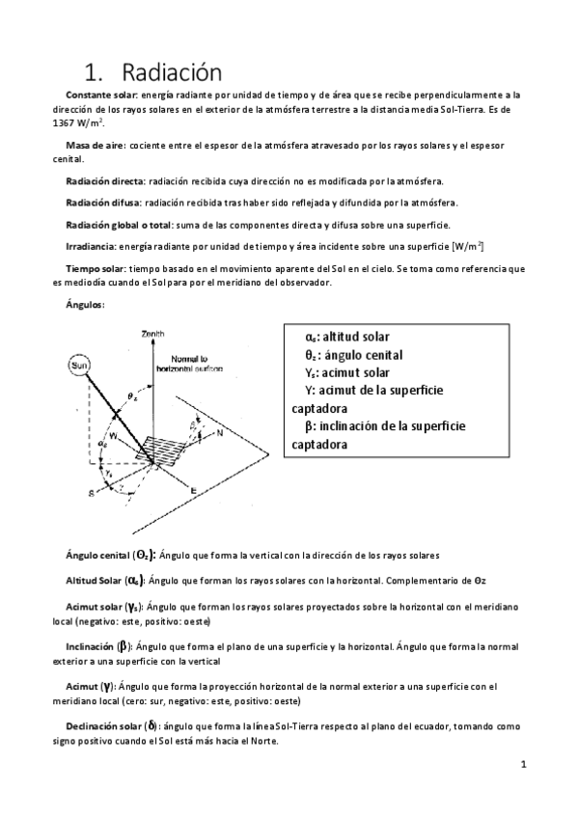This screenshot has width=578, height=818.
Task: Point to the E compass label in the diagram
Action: pos(194,491)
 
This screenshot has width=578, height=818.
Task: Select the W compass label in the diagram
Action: pos(112,434)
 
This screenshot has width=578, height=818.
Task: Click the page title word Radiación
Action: pos(172,72)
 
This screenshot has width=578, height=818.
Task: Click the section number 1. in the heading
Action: pos(95,72)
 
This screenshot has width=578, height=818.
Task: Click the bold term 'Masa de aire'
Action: pos(94,146)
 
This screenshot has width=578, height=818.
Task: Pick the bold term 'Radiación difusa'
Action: pos(103,203)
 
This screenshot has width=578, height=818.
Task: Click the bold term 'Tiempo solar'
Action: pos(96,267)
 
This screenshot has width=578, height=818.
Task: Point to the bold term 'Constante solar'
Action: pos(101,95)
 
